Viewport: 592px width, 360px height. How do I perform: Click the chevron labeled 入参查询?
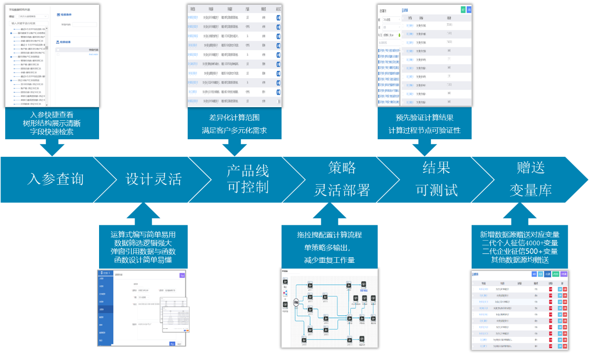[x=55, y=179]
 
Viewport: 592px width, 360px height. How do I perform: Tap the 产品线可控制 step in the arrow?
[x=247, y=179]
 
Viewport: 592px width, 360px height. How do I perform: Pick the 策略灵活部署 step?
[x=342, y=179]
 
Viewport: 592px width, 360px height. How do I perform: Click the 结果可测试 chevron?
[x=436, y=179]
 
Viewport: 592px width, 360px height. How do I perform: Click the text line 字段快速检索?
[x=52, y=132]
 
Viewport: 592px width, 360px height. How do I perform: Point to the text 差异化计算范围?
[x=234, y=117]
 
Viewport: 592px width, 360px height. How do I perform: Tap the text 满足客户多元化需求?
[x=234, y=130]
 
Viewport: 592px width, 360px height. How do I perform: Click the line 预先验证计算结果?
[x=424, y=117]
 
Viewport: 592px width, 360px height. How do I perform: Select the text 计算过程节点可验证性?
[x=424, y=130]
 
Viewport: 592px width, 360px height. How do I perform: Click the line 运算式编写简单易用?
[x=143, y=234]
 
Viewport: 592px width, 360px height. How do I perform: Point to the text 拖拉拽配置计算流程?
[x=329, y=234]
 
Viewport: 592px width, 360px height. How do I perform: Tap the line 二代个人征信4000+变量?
[x=519, y=243]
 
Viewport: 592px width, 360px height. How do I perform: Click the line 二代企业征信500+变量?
[x=519, y=252]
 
